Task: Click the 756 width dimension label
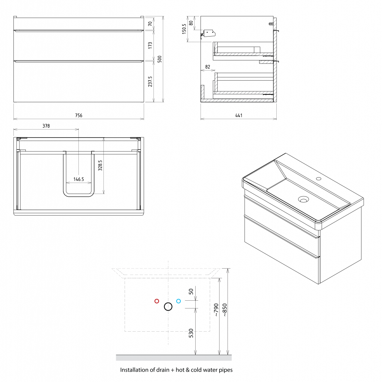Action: pos(78,116)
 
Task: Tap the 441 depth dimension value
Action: pos(239,116)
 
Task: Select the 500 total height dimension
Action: pos(159,59)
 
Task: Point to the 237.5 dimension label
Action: pos(150,81)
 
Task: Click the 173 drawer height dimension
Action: pos(150,45)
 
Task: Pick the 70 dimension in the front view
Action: pos(150,24)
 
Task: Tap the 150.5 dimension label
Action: pos(184,29)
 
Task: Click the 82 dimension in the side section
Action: pos(208,67)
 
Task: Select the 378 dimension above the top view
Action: pos(46,126)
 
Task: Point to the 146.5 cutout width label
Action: pos(78,179)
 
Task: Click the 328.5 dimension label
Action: pos(100,165)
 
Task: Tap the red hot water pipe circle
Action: pos(157,301)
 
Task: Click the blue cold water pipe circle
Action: pos(178,301)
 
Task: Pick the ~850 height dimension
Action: pos(225,310)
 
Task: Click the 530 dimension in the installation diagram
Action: pos(191,333)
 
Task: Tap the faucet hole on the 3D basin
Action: pos(319,179)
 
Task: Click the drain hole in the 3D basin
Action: pos(304,200)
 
